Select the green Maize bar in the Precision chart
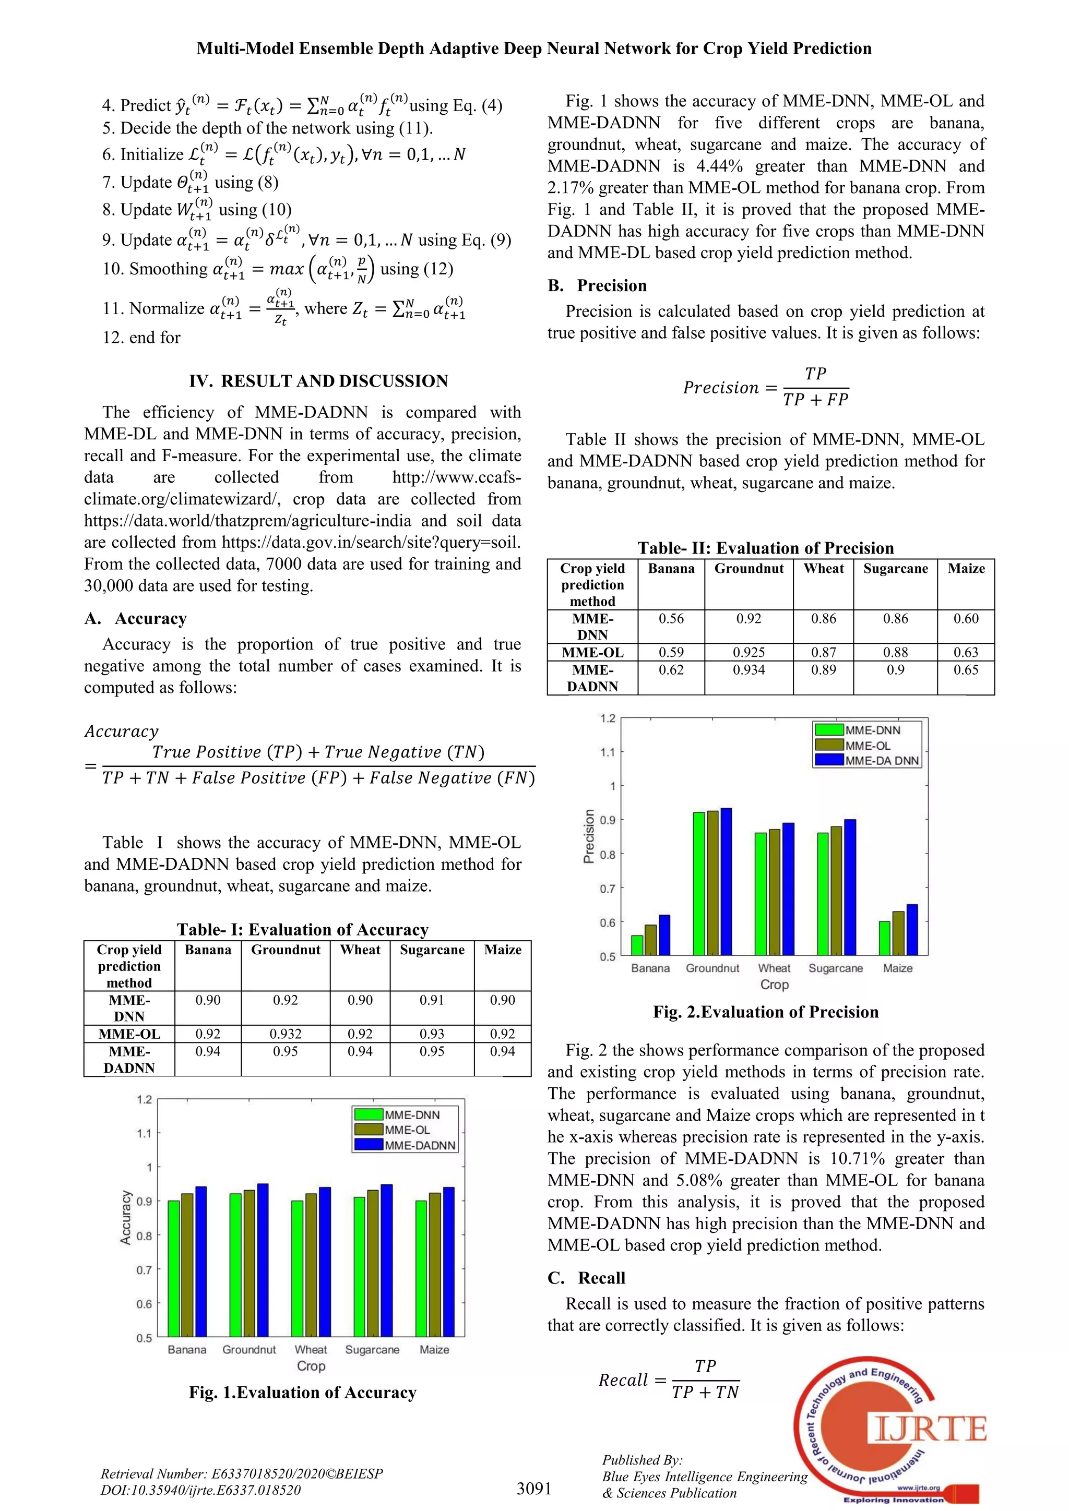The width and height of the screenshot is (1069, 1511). click(x=884, y=939)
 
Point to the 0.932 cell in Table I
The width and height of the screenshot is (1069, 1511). click(x=286, y=1034)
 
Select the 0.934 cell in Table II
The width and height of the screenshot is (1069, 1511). click(x=749, y=670)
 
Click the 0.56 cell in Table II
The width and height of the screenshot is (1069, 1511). click(x=671, y=619)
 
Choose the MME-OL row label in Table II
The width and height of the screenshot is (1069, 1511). click(x=592, y=652)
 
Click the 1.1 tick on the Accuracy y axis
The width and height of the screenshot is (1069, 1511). click(x=144, y=1133)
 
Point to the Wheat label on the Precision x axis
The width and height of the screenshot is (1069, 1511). click(x=774, y=968)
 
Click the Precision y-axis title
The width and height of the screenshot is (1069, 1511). click(x=589, y=836)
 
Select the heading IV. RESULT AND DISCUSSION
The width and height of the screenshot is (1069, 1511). click(x=318, y=381)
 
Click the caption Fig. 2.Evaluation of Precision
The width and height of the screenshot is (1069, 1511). click(x=766, y=1012)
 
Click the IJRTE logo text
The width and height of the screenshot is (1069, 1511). click(x=930, y=1430)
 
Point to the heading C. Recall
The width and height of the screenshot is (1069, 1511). click(x=587, y=1277)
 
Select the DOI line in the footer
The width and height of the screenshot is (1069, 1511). click(x=201, y=1490)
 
